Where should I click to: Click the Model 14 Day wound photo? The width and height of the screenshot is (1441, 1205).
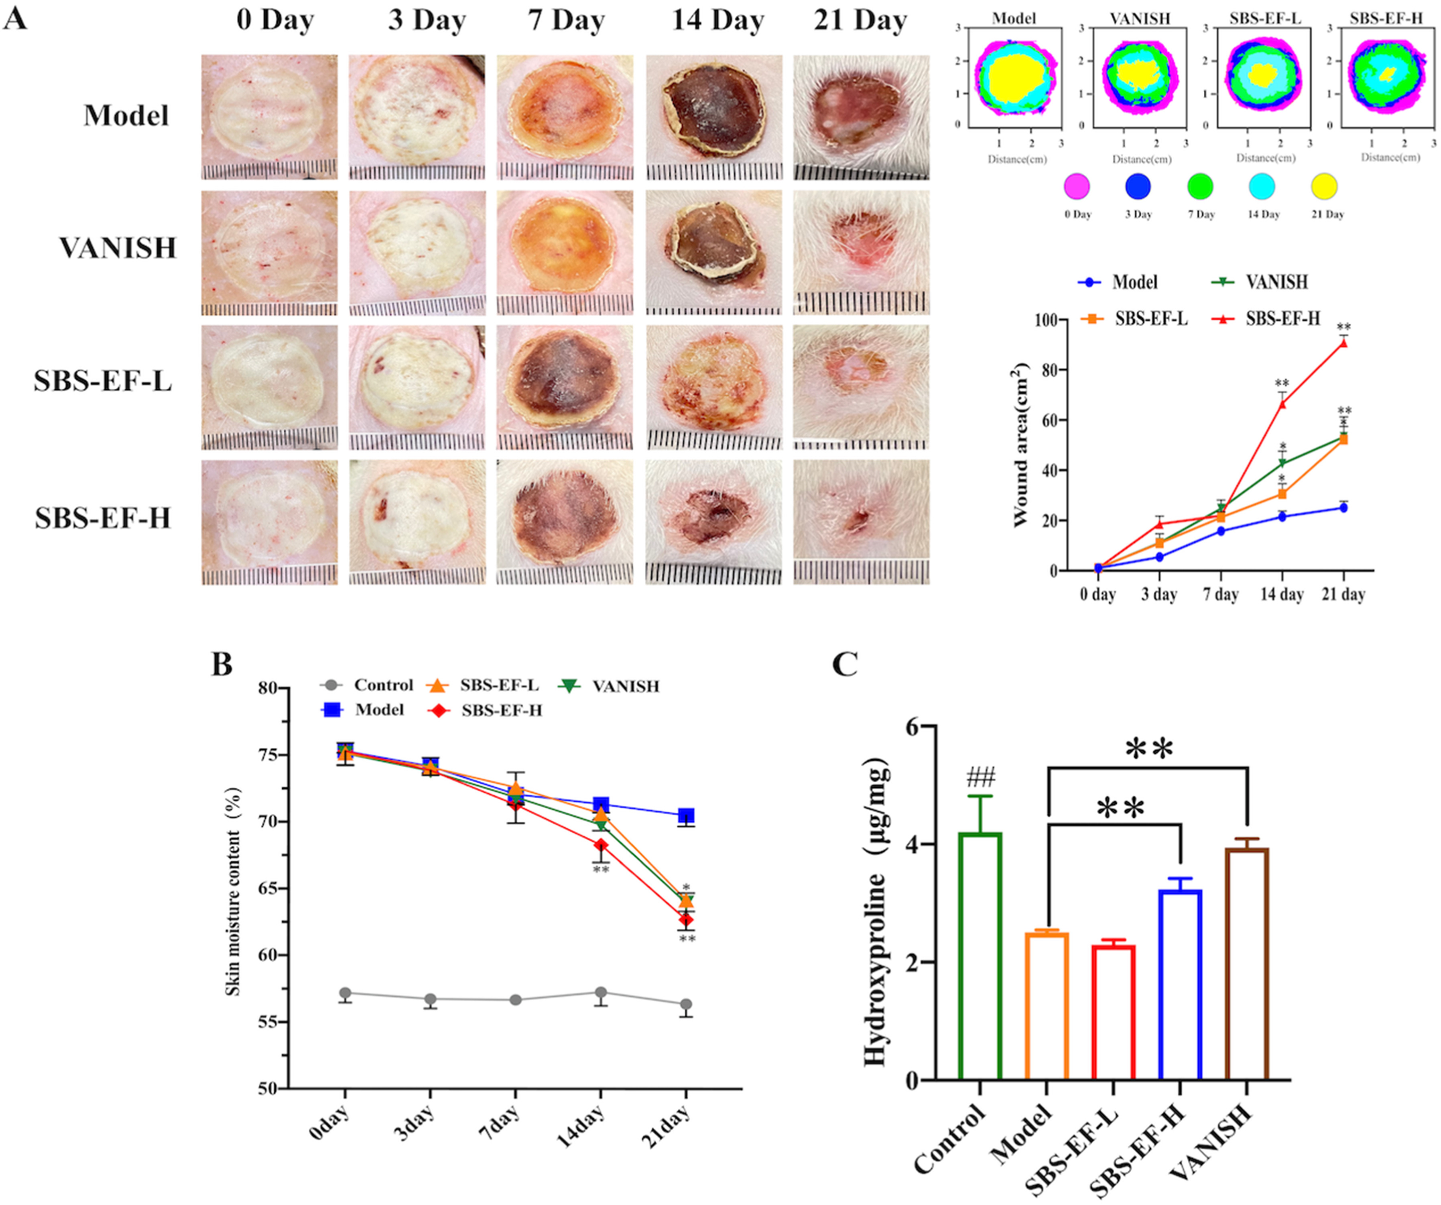pos(713,117)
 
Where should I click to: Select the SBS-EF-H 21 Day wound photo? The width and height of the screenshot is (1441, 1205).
pos(861,522)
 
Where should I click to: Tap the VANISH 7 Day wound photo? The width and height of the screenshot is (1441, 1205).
pos(565,252)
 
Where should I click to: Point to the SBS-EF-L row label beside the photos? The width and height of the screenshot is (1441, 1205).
pos(103,381)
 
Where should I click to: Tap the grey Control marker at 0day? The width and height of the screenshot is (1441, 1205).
pos(345,993)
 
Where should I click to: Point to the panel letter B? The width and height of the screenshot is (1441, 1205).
pos(222,664)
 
